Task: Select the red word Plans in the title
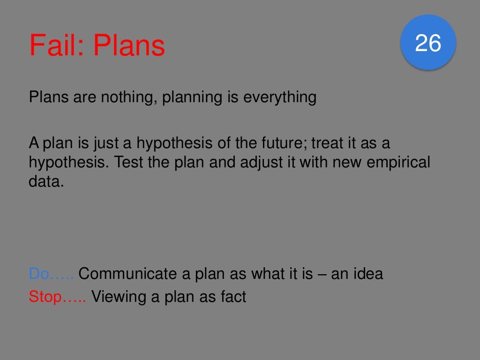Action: click(x=129, y=45)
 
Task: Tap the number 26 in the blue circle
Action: click(x=428, y=43)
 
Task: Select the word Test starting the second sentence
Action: click(x=129, y=163)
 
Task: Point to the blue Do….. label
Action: click(x=51, y=274)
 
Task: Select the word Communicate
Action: click(x=126, y=274)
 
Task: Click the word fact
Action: click(x=232, y=297)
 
